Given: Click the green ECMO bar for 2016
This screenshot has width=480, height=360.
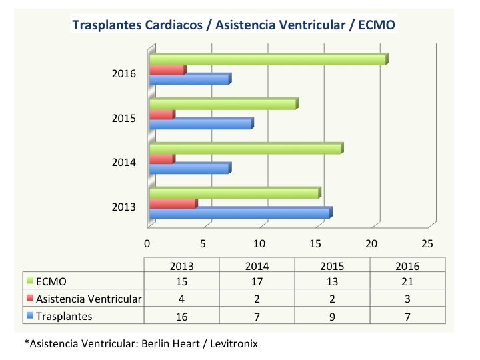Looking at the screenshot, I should (267, 60).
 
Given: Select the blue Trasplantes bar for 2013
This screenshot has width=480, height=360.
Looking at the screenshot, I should (240, 213).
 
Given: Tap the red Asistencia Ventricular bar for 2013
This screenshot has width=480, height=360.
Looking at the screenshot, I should (172, 203).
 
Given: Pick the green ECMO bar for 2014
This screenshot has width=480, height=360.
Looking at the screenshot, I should (245, 149).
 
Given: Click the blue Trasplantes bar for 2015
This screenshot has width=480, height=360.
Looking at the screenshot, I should (200, 124).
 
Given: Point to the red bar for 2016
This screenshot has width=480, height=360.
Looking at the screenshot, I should (167, 70).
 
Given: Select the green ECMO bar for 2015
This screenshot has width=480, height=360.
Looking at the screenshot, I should (223, 104).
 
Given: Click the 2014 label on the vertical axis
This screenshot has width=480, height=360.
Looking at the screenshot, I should (124, 162).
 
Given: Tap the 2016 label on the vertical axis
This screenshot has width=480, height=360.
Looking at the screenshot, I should (124, 73).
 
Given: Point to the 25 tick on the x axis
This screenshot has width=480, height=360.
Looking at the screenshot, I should (428, 241).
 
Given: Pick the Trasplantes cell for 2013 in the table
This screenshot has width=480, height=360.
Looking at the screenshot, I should (182, 315).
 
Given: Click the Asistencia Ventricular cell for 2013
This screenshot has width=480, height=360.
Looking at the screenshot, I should (182, 299).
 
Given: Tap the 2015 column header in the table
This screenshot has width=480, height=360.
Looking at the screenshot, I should (331, 265).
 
